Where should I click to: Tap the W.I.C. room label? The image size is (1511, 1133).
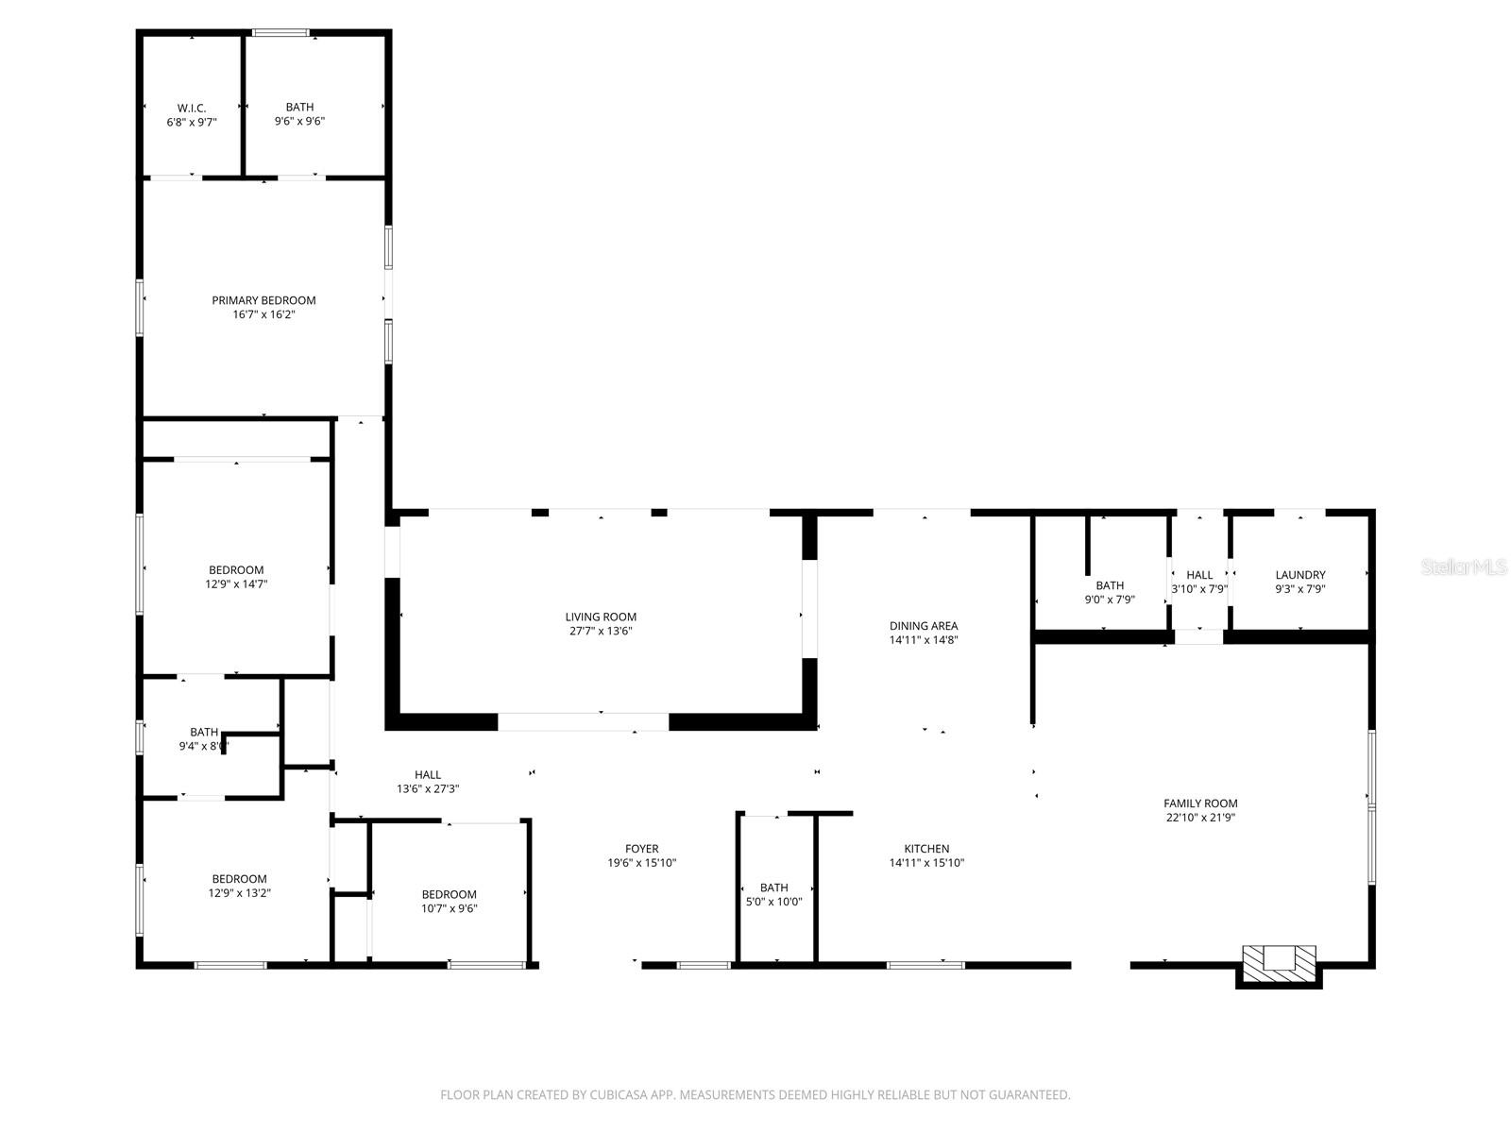coord(192,109)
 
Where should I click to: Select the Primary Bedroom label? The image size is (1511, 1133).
coord(263,300)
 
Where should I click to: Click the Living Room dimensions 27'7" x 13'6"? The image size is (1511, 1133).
coord(601,631)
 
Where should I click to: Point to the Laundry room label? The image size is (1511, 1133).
coord(1300,575)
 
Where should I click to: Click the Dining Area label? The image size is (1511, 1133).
coord(924,626)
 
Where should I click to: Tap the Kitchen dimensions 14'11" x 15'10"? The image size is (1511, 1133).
coord(926,863)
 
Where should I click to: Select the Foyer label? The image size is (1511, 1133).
coord(641,849)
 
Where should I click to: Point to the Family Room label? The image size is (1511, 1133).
coord(1200,803)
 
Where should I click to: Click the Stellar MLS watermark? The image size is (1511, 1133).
coord(1464,567)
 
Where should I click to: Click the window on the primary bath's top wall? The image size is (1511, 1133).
coord(280,34)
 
